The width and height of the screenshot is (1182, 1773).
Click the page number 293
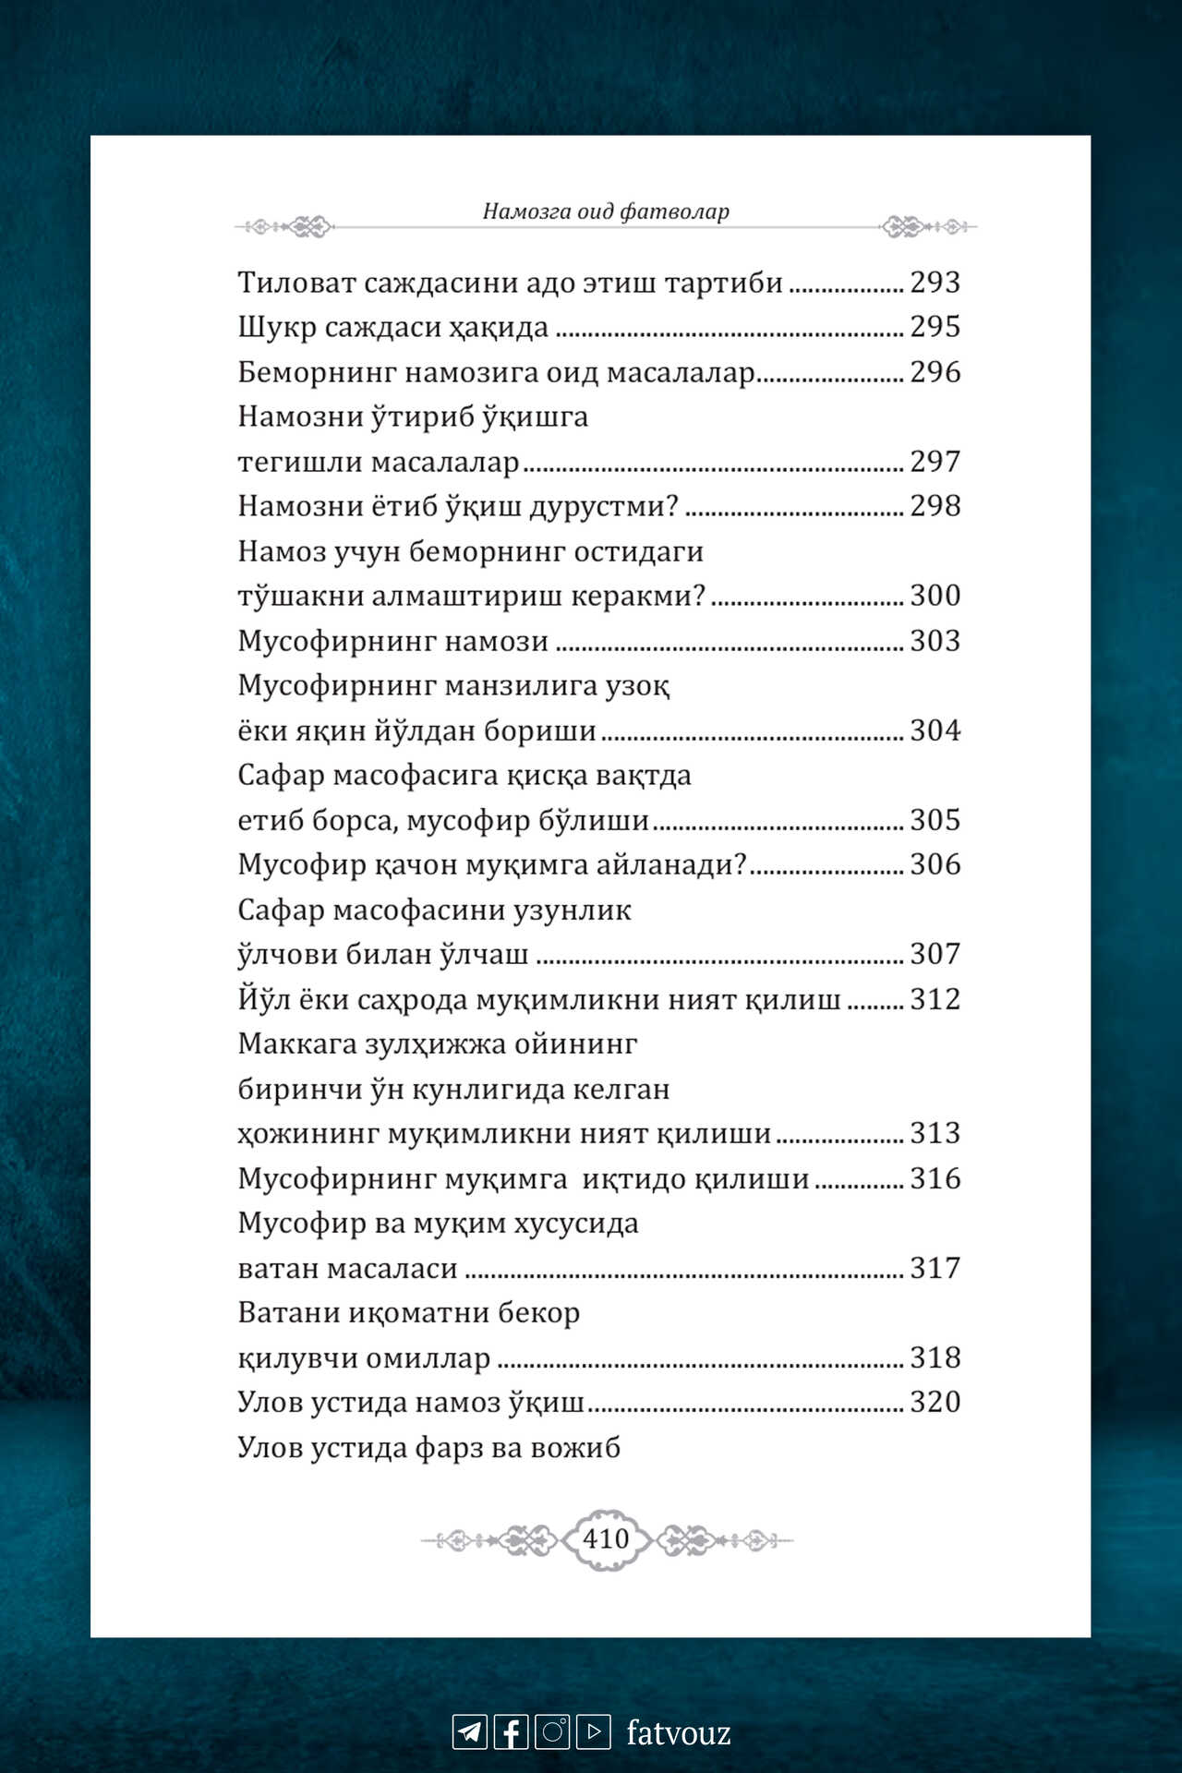[x=935, y=282]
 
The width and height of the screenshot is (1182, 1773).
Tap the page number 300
[x=935, y=595]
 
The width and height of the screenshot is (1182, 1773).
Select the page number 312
[x=935, y=998]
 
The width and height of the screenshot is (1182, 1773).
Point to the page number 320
[x=935, y=1401]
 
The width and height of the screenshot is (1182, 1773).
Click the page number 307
[x=935, y=953]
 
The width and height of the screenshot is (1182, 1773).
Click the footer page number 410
[x=606, y=1538]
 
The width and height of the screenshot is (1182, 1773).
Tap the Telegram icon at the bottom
[x=469, y=1731]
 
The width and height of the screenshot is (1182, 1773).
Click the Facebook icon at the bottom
[x=511, y=1731]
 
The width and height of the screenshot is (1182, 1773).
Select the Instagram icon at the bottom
[x=552, y=1731]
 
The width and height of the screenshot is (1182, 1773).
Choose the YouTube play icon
[x=594, y=1731]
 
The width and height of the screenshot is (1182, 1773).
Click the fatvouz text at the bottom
[x=679, y=1732]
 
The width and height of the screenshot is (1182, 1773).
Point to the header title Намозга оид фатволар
[x=606, y=211]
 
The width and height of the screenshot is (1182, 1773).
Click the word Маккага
[x=296, y=1043]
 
